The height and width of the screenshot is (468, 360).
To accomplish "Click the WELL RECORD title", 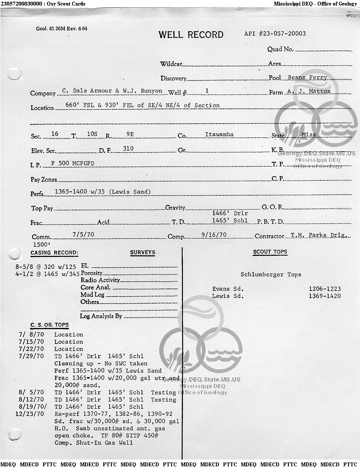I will pyautogui.click(x=191, y=35).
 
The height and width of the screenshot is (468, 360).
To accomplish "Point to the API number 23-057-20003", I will pyautogui.click(x=275, y=34).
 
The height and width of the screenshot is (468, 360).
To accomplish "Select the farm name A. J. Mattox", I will pyautogui.click(x=309, y=91).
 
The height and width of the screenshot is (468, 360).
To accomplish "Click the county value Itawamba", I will pyautogui.click(x=219, y=134).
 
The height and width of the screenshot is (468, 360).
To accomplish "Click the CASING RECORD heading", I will pyautogui.click(x=54, y=253).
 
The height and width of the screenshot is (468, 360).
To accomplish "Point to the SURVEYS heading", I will pyautogui.click(x=142, y=252).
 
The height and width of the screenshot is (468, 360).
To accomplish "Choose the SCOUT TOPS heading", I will pyautogui.click(x=270, y=252).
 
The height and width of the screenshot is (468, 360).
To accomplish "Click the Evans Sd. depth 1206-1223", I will pyautogui.click(x=324, y=289).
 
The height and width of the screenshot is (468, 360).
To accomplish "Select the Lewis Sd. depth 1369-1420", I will pyautogui.click(x=324, y=296).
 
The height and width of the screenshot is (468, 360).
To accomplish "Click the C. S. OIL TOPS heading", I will pyautogui.click(x=49, y=325).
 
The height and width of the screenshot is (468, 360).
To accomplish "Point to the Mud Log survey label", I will pyautogui.click(x=92, y=294).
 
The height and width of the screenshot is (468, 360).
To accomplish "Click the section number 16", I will pyautogui.click(x=55, y=134).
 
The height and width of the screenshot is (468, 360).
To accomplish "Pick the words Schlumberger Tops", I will pyautogui.click(x=271, y=274).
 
